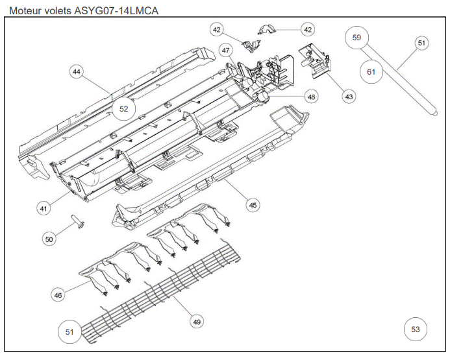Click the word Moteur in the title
point(25,10)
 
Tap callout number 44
point(77,73)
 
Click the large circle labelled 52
point(123,109)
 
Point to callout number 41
point(44,208)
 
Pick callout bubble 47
point(226,51)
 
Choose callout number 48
point(312,97)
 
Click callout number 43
point(349,97)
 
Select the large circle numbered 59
point(356,38)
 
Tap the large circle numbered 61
point(371,71)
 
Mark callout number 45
point(253,205)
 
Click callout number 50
point(49,239)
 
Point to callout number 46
point(58,294)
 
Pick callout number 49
point(195,320)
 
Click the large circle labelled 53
point(416,330)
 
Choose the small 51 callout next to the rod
point(422,43)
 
